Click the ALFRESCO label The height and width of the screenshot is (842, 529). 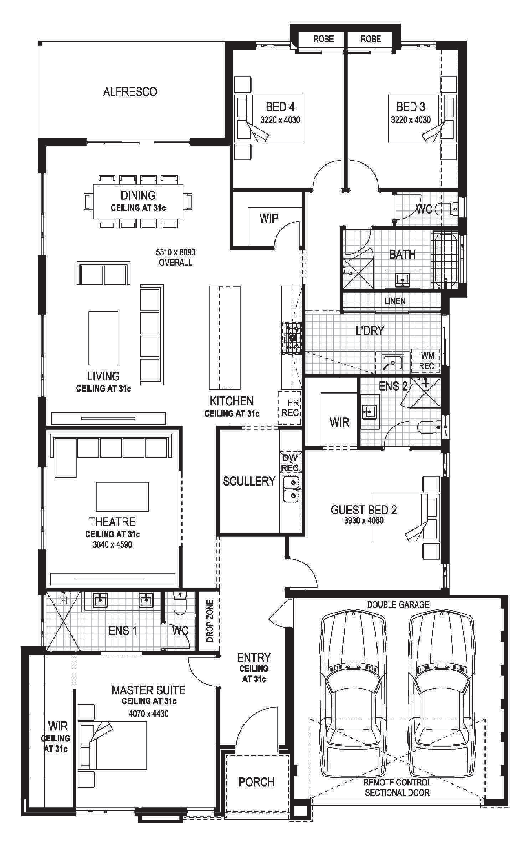pos(130,92)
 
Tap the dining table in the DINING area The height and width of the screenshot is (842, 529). pos(138,202)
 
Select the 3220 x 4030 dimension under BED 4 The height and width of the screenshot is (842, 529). pos(280,120)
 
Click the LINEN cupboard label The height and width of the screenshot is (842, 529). pos(395,301)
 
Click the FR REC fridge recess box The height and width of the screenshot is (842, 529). pos(290,407)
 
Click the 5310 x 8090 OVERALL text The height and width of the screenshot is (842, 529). pos(175,257)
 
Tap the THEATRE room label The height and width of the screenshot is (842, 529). pos(112,522)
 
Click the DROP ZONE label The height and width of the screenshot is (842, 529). pos(210,620)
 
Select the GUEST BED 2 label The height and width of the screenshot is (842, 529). pos(364,510)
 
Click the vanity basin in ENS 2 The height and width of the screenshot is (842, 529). pos(369,412)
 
